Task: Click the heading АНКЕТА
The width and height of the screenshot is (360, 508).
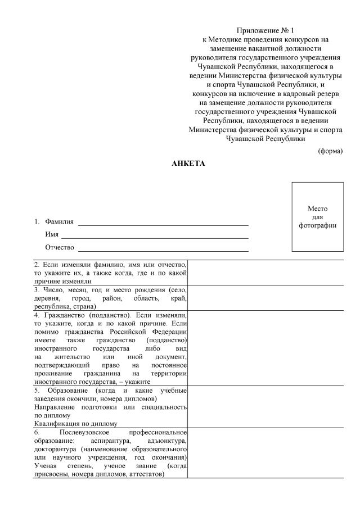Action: pyautogui.click(x=188, y=164)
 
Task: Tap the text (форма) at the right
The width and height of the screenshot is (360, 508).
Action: pyautogui.click(x=330, y=151)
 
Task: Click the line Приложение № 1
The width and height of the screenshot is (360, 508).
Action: pyautogui.click(x=265, y=30)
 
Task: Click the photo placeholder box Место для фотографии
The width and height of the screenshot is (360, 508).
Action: pyautogui.click(x=317, y=217)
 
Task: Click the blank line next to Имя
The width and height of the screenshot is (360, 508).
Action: pyautogui.click(x=155, y=235)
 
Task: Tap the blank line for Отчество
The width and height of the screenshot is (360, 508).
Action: pyautogui.click(x=163, y=248)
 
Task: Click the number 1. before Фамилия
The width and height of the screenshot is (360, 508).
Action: pyautogui.click(x=37, y=222)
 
